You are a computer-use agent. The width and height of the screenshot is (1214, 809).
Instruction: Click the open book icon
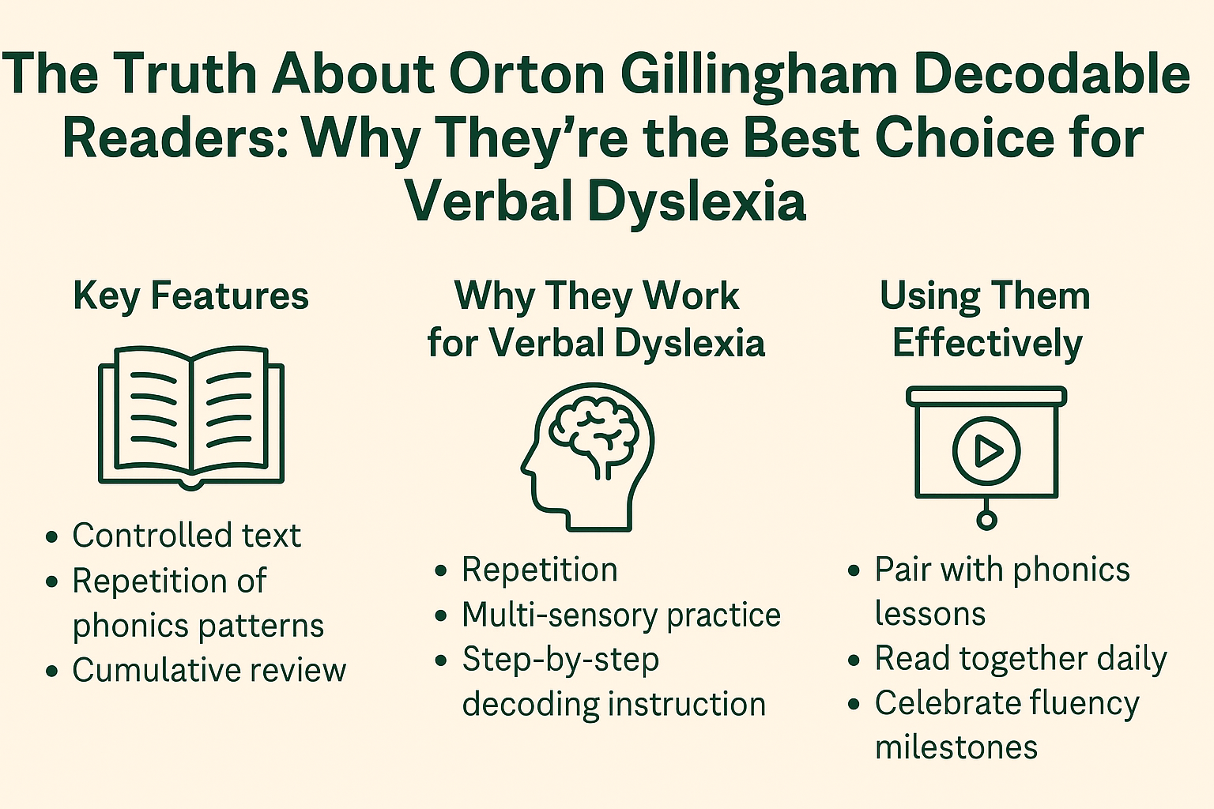[x=190, y=416]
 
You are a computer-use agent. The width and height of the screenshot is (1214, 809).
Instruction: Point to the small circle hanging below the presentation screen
[x=986, y=519]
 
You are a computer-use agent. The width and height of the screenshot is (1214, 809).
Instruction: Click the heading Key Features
[x=190, y=296]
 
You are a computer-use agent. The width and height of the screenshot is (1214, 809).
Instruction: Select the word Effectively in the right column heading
[x=986, y=344]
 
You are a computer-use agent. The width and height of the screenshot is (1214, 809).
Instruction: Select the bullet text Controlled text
[x=187, y=536]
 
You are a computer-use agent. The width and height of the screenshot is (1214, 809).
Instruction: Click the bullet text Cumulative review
[x=209, y=670]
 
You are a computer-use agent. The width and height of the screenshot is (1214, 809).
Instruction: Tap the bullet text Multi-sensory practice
[x=621, y=615]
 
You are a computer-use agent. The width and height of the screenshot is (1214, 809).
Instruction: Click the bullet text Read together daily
[x=1020, y=659]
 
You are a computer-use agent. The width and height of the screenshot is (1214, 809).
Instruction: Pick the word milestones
[x=956, y=747]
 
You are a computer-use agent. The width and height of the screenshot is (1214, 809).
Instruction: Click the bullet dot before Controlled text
[x=52, y=537]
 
